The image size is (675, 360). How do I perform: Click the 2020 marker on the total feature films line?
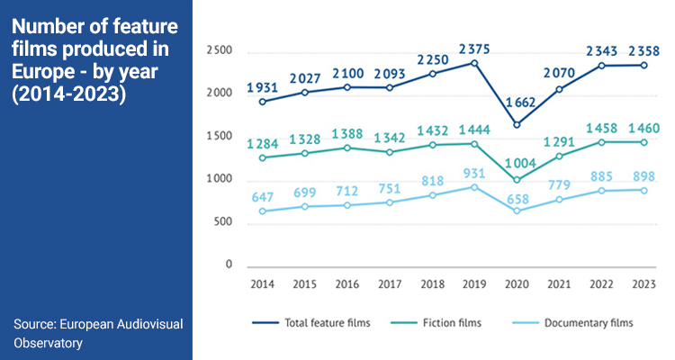click(x=517, y=124)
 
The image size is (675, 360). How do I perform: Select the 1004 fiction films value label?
click(x=517, y=163)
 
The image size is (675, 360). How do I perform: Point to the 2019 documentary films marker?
click(x=474, y=186)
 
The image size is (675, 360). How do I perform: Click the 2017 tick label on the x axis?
click(x=390, y=284)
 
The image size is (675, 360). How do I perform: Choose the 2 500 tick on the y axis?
click(x=219, y=51)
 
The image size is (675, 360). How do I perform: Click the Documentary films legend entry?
click(x=585, y=321)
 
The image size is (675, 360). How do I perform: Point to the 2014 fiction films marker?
click(x=262, y=158)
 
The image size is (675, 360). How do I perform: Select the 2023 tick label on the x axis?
click(x=643, y=284)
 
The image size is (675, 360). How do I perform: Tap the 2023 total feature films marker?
click(x=643, y=65)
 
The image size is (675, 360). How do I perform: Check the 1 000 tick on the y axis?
click(x=219, y=179)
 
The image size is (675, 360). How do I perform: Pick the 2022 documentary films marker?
click(x=601, y=191)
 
